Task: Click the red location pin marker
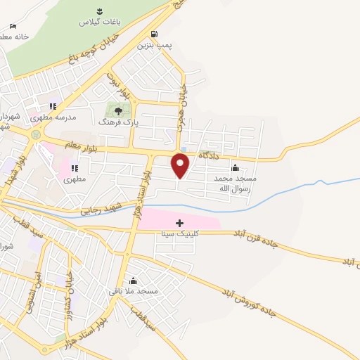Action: (x=181, y=166)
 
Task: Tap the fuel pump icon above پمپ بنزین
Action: (x=154, y=33)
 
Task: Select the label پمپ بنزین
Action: (x=154, y=44)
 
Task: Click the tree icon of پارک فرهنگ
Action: (x=118, y=110)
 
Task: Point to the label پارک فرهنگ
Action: (x=118, y=122)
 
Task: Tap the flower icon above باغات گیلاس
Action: (x=99, y=11)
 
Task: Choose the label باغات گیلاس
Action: (x=99, y=22)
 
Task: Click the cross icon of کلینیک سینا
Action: (x=179, y=223)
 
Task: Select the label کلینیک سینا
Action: (x=179, y=233)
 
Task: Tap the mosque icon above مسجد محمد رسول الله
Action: (x=236, y=167)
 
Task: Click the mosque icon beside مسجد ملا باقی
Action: (x=133, y=281)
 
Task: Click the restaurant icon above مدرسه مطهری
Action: (x=73, y=107)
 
